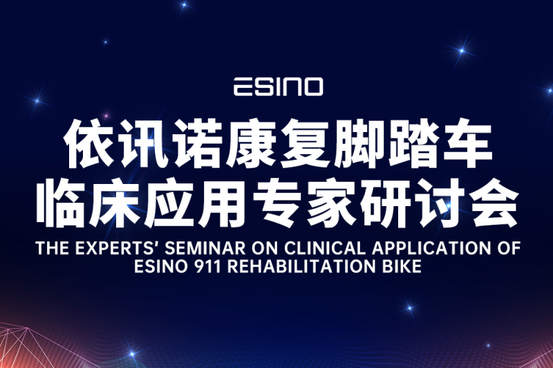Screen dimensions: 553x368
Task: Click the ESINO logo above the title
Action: coord(279,86)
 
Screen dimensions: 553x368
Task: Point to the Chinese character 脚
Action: coord(359,143)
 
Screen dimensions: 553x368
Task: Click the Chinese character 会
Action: coord(494,203)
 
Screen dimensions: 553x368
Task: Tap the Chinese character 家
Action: coord(332,203)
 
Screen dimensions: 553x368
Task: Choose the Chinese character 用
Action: coord(223,203)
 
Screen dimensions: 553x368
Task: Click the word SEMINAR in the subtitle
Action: coord(205,248)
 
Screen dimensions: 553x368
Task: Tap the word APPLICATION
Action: coord(431,248)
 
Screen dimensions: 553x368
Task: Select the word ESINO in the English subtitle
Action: coord(161,266)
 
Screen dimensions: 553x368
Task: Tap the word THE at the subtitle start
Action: coord(53,248)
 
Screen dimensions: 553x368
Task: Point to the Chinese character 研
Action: coord(386,203)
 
